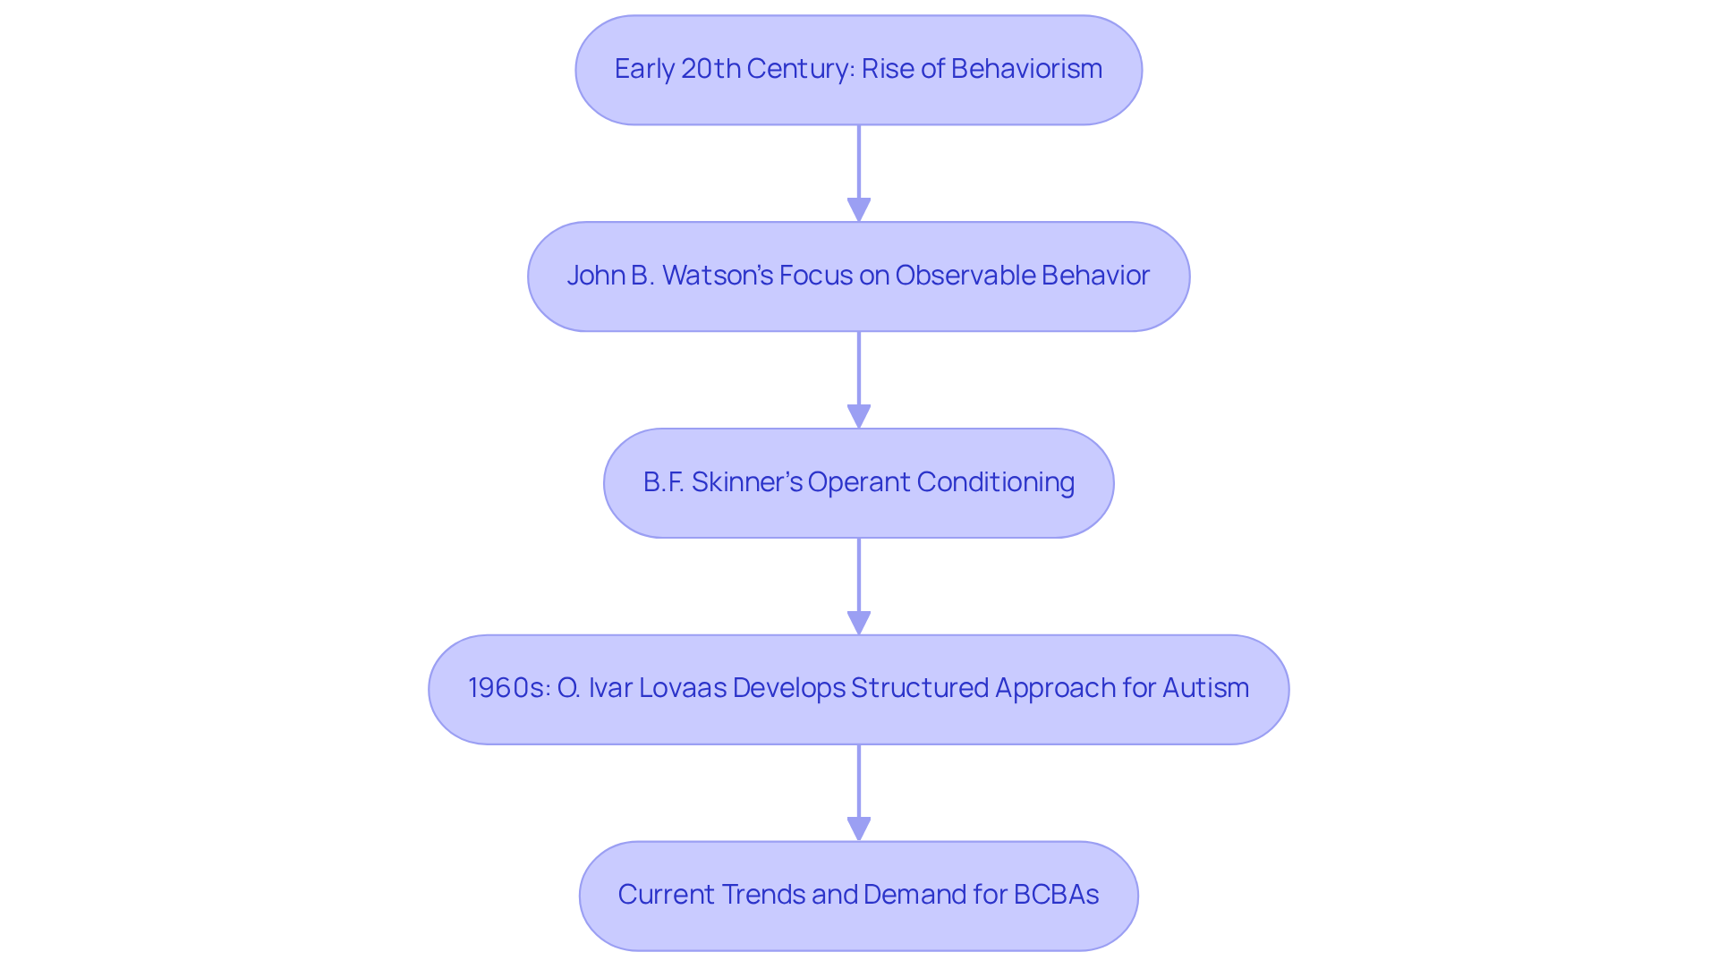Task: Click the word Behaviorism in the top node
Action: [1026, 69]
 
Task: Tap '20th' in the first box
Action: [710, 69]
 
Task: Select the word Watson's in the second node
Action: [718, 276]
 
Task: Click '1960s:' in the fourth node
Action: [508, 688]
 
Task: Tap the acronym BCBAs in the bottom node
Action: [1056, 895]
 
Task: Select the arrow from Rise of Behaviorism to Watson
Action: [859, 170]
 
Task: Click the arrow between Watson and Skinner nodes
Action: [859, 376]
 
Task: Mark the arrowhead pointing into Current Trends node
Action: [859, 829]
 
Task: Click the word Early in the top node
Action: [644, 69]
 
